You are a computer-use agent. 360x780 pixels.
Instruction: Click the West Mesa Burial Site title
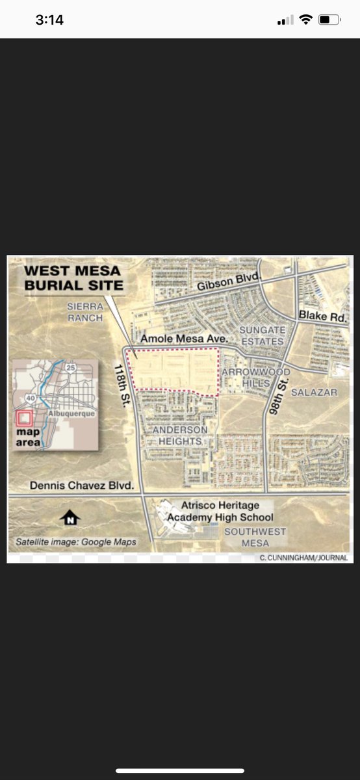pos(72,278)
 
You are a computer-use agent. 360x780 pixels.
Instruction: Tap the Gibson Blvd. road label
pos(229,283)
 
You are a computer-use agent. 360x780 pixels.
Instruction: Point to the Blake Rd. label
pos(322,315)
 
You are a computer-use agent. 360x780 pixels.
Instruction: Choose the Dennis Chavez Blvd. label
pos(82,486)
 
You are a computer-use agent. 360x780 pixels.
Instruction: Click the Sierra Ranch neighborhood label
pos(85,312)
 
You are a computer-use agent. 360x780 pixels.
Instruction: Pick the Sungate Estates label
pos(262,335)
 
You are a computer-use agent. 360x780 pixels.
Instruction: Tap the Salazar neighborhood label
pos(314,392)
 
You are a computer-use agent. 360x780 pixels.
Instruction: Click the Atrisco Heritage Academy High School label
pos(220,511)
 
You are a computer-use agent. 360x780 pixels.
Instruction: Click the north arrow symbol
pos(70,517)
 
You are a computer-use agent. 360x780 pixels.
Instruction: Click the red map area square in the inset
pos(24,418)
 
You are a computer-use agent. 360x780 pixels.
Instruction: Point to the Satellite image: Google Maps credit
pos(76,541)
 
